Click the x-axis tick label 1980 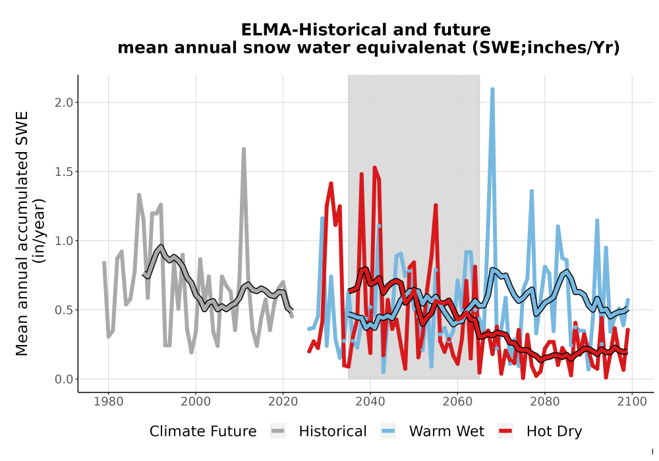tap(109, 402)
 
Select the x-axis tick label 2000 tap(196, 402)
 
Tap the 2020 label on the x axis tap(283, 402)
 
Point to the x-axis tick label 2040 tap(370, 402)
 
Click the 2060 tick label tap(457, 402)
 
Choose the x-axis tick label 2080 tap(545, 402)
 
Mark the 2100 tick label tap(632, 402)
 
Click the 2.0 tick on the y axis tap(64, 103)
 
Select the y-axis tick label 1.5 tap(64, 172)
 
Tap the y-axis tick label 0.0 tap(64, 379)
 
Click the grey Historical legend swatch tap(278, 431)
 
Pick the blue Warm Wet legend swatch tap(388, 431)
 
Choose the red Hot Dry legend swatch tap(505, 431)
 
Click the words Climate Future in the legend tap(203, 431)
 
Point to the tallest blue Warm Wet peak tap(492, 89)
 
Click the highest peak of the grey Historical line tap(243, 149)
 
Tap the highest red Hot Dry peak tap(374, 167)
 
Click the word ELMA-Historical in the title tap(302, 30)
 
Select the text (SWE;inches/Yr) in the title tap(546, 48)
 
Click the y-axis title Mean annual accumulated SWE tap(22, 233)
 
